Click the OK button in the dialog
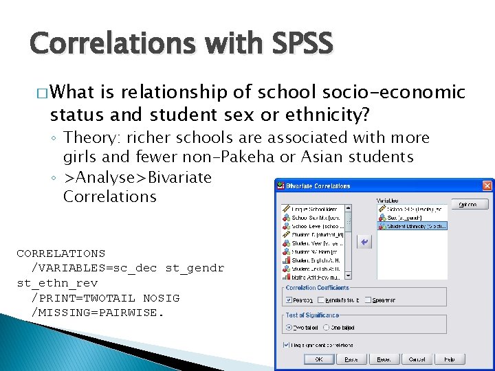point(319,359)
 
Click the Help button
point(450,359)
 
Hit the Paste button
point(351,359)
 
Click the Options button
point(470,205)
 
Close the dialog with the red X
point(487,185)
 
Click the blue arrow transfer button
point(365,241)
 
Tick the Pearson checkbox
point(289,300)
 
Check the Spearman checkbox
point(369,300)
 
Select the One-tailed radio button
point(325,327)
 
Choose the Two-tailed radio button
point(289,327)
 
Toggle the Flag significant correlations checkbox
point(285,345)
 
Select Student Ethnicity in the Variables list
point(412,225)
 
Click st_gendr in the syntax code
point(195,268)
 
